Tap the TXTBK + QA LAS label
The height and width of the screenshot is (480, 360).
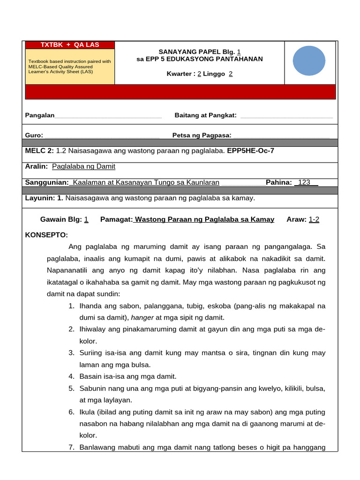tap(70, 45)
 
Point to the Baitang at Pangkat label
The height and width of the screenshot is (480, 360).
tap(205, 115)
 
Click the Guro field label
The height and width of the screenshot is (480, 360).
tap(34, 135)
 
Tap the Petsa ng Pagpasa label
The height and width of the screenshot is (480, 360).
tap(202, 135)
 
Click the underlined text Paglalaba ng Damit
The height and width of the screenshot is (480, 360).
tap(83, 166)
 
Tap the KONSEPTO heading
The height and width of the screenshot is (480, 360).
tap(46, 235)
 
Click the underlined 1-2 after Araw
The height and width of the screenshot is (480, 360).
tap(314, 219)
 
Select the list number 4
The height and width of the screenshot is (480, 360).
tap(71, 376)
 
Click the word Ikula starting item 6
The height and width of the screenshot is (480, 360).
tap(88, 412)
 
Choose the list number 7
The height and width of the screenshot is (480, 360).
tap(71, 447)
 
